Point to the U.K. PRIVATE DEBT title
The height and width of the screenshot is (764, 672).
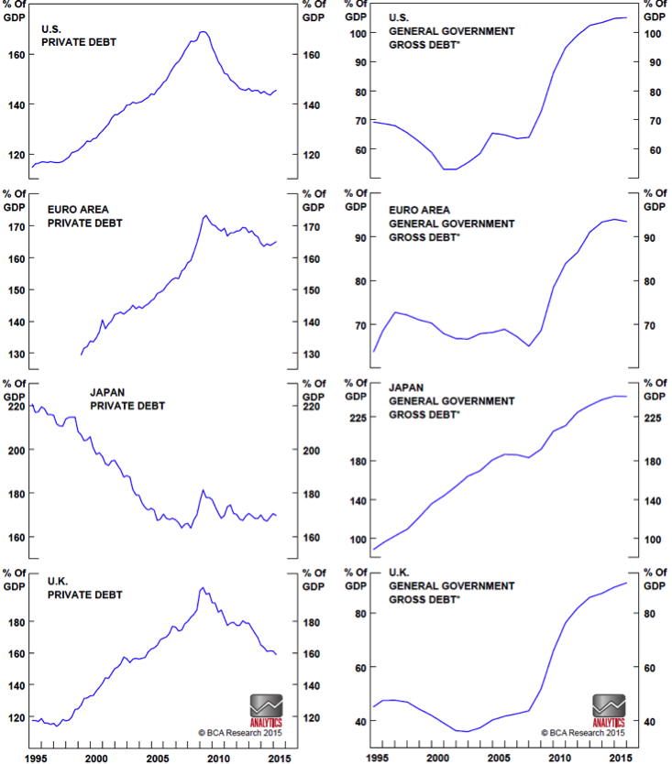84,588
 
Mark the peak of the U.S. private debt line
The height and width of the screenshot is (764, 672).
203,32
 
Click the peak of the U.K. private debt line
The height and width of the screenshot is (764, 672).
203,588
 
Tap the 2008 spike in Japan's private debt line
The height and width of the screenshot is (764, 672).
203,490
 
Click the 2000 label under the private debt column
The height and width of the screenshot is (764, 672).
96,758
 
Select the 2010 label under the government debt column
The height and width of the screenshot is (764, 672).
558,758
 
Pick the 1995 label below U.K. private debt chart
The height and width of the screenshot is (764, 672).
34,758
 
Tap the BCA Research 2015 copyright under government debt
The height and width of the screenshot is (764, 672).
583,733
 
